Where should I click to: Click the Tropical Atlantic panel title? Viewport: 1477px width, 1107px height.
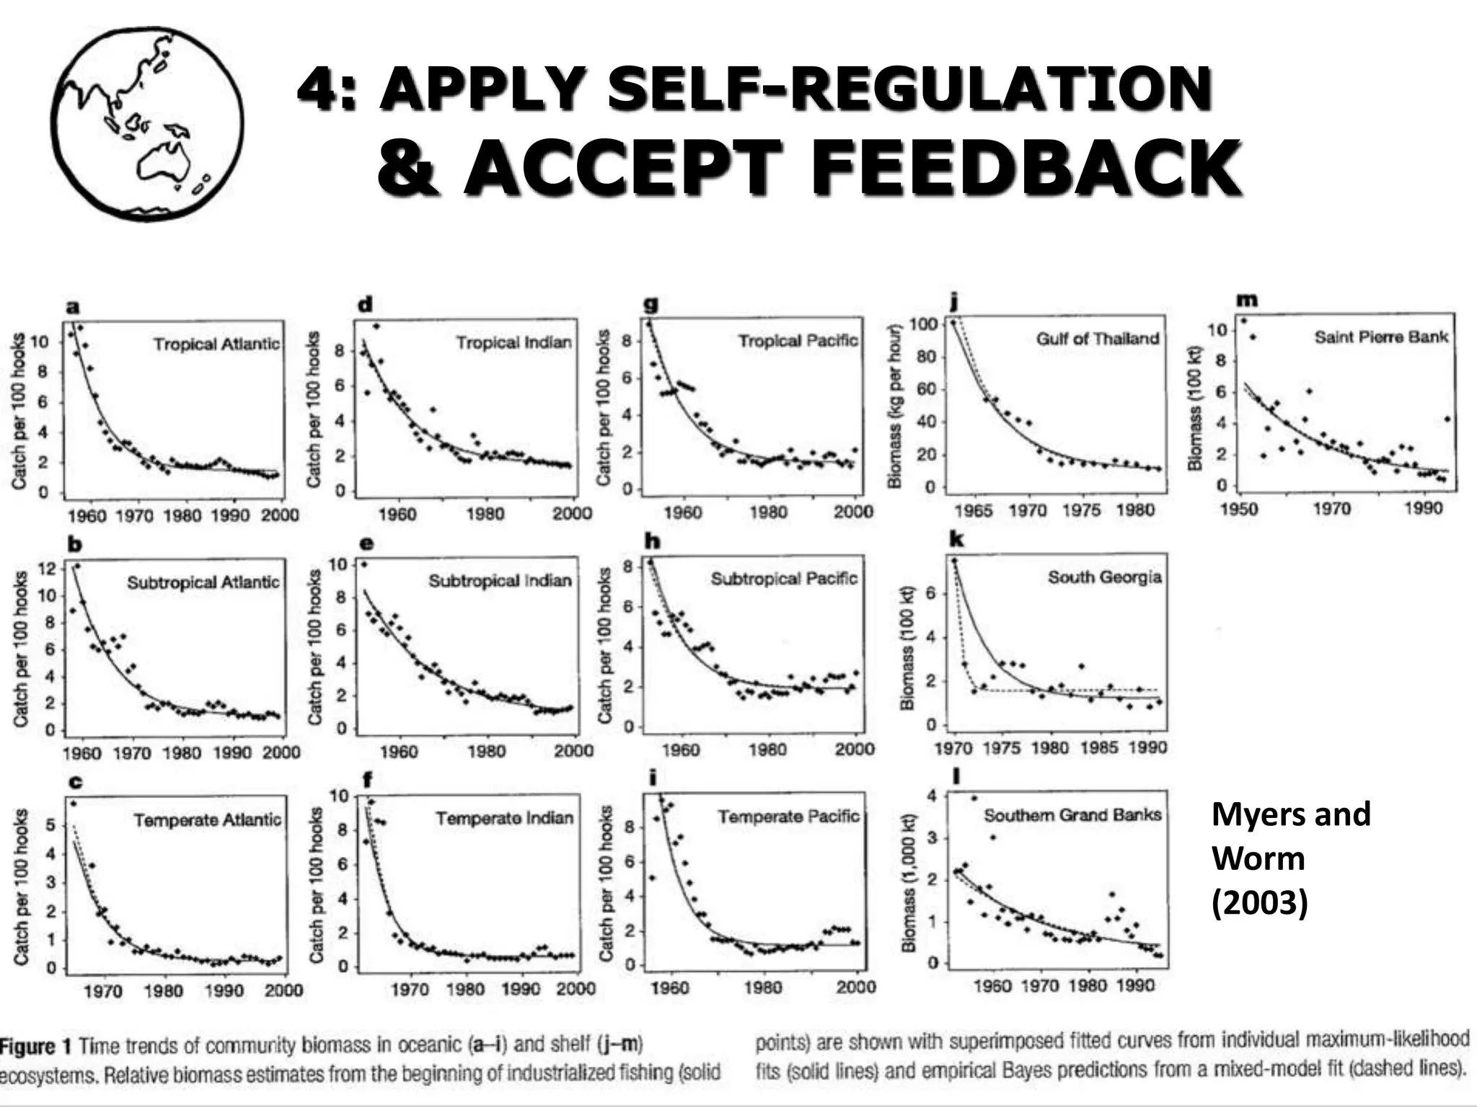point(216,344)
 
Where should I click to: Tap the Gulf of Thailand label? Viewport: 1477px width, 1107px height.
point(1097,339)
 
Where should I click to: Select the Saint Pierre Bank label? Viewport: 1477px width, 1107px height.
point(1380,337)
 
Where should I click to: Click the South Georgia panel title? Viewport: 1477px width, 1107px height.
point(1104,577)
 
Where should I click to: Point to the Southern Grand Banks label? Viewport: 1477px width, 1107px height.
point(1072,815)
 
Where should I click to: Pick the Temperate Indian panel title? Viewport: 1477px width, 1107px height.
point(504,818)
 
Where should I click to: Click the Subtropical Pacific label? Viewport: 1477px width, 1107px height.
point(784,579)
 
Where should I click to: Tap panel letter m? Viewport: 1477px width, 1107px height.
point(1246,300)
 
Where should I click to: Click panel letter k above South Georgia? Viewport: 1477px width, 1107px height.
point(956,539)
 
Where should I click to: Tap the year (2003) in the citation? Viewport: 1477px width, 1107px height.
point(1259,902)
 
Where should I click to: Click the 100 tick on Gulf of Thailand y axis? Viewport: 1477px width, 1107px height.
point(922,324)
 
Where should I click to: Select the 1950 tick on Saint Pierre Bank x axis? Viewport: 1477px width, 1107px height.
point(1239,509)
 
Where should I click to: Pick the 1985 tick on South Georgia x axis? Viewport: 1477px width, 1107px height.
point(1098,748)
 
